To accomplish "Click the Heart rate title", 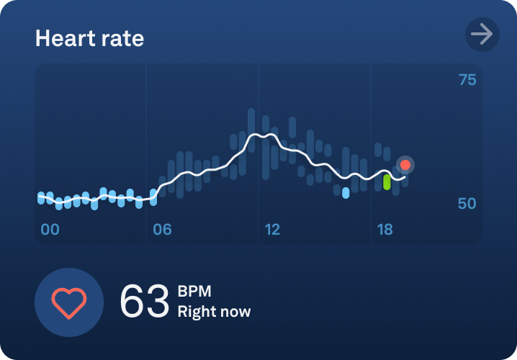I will click(89, 38).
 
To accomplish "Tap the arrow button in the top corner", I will click(482, 34).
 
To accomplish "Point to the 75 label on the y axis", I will click(467, 80).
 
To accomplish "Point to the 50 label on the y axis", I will click(467, 204).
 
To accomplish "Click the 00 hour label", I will click(50, 230).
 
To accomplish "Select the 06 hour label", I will click(162, 230).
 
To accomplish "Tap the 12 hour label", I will click(272, 230).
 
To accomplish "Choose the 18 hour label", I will click(385, 230).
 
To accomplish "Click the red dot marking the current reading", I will click(405, 165).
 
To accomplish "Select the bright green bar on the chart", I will click(387, 181).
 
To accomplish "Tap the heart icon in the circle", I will click(69, 302).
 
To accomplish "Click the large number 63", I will click(144, 302).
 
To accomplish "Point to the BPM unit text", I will click(194, 292).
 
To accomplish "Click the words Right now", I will click(215, 312).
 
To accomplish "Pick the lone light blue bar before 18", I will click(346, 193).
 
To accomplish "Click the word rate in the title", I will click(122, 38).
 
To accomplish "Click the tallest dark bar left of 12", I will click(251, 130).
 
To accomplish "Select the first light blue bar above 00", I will click(41, 197).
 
